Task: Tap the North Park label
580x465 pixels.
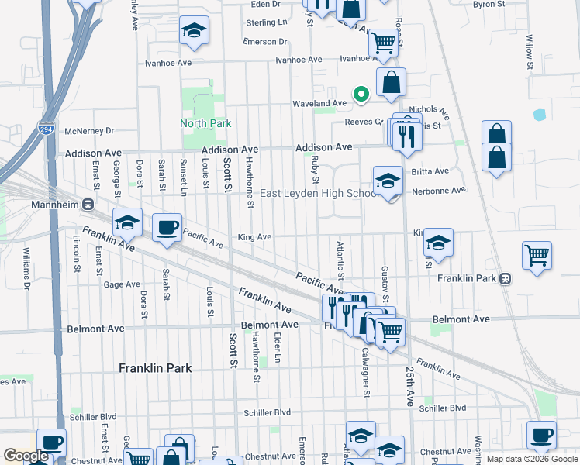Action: pyautogui.click(x=205, y=123)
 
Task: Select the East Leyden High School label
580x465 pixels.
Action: pyautogui.click(x=319, y=193)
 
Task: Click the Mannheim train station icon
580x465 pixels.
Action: pyautogui.click(x=88, y=205)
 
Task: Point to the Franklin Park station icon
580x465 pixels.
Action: pyautogui.click(x=505, y=278)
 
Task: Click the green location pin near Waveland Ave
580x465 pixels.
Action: pyautogui.click(x=360, y=95)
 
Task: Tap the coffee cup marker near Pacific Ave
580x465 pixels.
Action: pyautogui.click(x=167, y=227)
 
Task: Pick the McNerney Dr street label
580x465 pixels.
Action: pyautogui.click(x=90, y=131)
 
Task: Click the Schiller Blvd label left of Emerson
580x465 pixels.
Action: pyautogui.click(x=267, y=412)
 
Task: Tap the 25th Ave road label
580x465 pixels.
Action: pyautogui.click(x=409, y=387)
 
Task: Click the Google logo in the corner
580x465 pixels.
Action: pyautogui.click(x=26, y=456)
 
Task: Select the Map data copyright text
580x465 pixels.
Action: pyautogui.click(x=532, y=459)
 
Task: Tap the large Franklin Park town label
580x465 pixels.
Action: pyautogui.click(x=154, y=368)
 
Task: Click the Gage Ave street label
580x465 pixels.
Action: pyautogui.click(x=122, y=284)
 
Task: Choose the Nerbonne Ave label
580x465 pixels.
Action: pyautogui.click(x=438, y=190)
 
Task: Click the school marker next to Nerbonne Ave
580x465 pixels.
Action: pyautogui.click(x=388, y=181)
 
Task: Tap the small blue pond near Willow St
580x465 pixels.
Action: pyautogui.click(x=540, y=115)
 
